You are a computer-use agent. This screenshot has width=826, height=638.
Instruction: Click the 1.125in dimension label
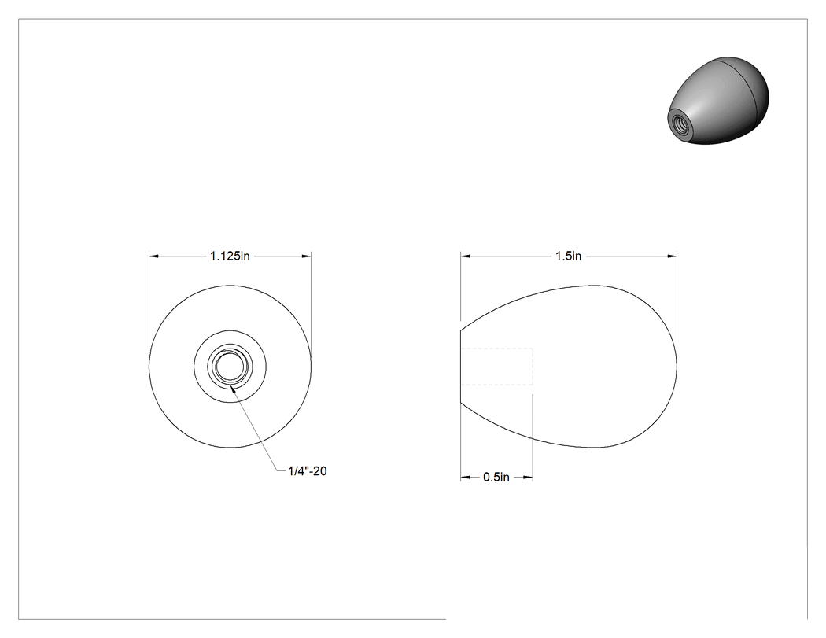click(x=230, y=256)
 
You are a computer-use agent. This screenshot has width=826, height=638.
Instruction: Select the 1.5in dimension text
click(x=569, y=256)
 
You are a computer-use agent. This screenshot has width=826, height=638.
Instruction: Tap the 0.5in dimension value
click(x=496, y=478)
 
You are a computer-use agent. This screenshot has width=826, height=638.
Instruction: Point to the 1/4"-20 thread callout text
click(x=308, y=471)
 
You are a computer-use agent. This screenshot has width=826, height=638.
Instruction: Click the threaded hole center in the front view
click(x=230, y=366)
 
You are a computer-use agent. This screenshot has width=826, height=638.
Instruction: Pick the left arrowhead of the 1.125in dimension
click(x=154, y=256)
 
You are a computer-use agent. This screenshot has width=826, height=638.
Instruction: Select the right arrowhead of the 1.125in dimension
click(x=307, y=256)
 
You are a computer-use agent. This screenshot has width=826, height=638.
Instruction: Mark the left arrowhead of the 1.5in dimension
click(x=465, y=256)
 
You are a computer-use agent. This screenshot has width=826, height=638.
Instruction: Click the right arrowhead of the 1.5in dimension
click(x=672, y=256)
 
